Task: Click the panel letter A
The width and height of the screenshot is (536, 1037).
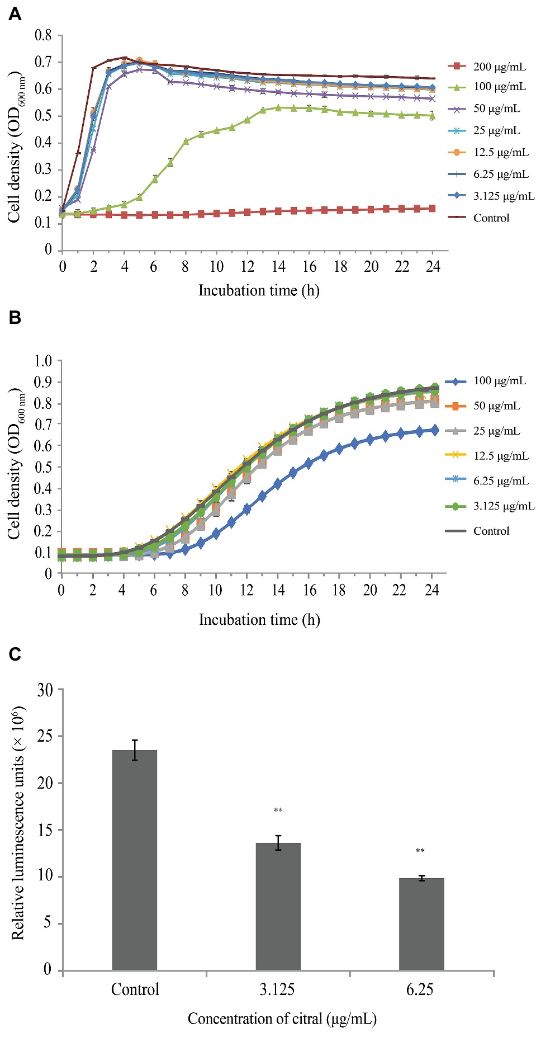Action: (x=15, y=14)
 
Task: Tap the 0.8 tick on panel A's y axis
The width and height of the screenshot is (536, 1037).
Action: (x=43, y=35)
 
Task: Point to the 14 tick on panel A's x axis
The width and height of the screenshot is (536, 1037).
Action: (x=278, y=267)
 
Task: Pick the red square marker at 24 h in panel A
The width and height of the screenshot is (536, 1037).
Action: (x=432, y=209)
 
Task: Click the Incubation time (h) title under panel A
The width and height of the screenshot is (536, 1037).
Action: (x=259, y=291)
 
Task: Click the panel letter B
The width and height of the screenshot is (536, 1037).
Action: (x=15, y=318)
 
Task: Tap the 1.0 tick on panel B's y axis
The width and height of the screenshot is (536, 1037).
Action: (x=43, y=361)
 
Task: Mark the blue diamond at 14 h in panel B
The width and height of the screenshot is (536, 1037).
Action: (x=278, y=484)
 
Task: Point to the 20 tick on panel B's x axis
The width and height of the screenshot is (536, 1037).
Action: (x=370, y=590)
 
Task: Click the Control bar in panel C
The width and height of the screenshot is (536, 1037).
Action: (x=135, y=861)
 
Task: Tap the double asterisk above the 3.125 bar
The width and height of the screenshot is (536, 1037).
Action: (x=278, y=810)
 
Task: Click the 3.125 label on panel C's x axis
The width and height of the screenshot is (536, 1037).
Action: (x=277, y=989)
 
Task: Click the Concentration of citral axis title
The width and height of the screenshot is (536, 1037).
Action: (x=282, y=1019)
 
